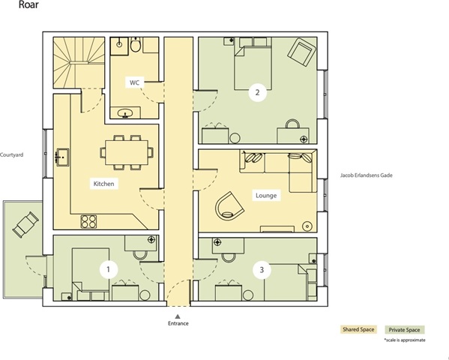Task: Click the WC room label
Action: point(134,82)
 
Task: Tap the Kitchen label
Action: point(103,184)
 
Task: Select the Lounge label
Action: point(266,196)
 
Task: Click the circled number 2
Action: point(257,92)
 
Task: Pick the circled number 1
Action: point(109,269)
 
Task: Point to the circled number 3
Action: point(262,270)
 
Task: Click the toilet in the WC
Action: point(136,44)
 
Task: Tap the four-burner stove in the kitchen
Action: point(88,221)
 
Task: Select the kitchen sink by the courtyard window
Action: point(61,157)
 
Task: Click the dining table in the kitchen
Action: point(127,152)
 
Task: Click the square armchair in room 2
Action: point(301,52)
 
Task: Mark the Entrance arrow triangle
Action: point(178,316)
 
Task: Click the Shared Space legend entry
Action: point(358,329)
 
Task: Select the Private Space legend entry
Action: point(404,330)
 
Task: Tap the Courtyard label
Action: point(11,154)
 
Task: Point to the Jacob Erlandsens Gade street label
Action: point(367,175)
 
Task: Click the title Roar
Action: point(28,4)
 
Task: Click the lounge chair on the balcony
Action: point(25,225)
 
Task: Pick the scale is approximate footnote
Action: point(405,340)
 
